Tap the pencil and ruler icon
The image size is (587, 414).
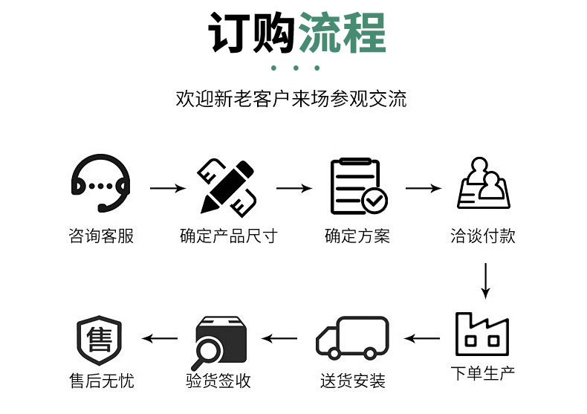[x=227, y=185]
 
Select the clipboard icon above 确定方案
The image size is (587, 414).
[x=357, y=185]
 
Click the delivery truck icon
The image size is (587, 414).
[x=353, y=338]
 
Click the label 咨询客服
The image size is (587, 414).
[x=101, y=236]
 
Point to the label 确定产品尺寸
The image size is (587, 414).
[x=228, y=236]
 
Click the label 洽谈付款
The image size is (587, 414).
[x=483, y=236]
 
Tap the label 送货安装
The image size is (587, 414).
[x=353, y=381]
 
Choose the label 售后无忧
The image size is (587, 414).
[x=102, y=381]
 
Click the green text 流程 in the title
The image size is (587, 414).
[x=342, y=33]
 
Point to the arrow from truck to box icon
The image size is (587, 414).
[x=279, y=339]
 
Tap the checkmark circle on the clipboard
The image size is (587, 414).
[x=374, y=199]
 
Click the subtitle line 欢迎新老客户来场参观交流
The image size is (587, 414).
[x=291, y=99]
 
